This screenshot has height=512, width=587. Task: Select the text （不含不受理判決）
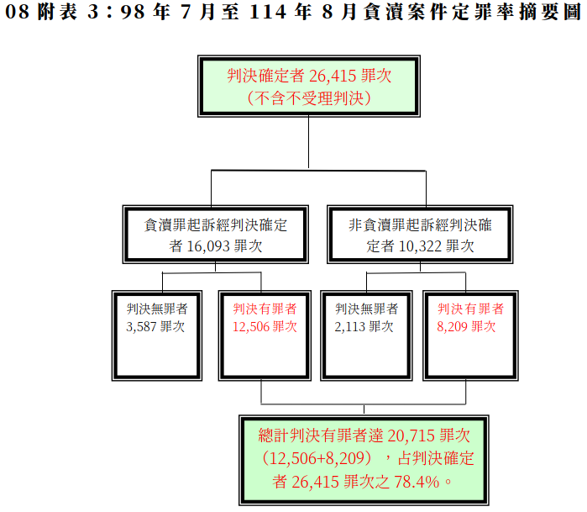click(309, 98)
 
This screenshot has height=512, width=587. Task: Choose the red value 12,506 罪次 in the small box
click(265, 327)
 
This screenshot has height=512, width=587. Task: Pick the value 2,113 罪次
click(364, 327)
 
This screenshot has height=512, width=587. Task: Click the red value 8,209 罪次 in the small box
click(467, 327)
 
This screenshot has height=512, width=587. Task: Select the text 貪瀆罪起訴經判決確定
click(216, 225)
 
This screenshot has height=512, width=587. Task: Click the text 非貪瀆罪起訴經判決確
click(419, 225)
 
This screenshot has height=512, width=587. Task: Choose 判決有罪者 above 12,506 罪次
click(265, 309)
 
